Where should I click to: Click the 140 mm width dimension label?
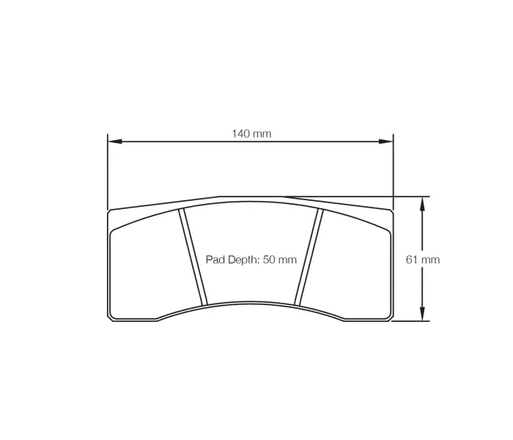pos(251,133)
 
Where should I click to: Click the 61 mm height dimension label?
pos(423,260)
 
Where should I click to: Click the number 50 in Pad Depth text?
pos(270,260)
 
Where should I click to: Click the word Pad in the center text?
pos(214,260)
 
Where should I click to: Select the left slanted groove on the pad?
pos(193,257)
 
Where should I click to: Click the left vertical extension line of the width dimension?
pos(108,172)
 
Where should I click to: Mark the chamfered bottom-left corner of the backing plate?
pos(110,318)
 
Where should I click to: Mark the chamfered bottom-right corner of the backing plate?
pos(391,318)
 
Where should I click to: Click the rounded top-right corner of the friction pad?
pos(388,234)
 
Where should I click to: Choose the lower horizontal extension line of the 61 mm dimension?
pos(410,320)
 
